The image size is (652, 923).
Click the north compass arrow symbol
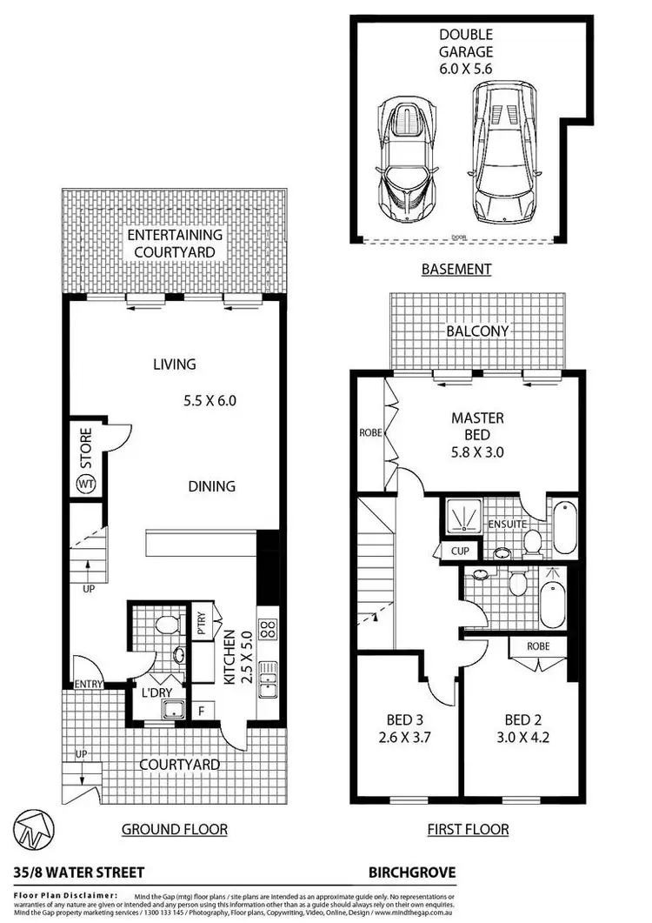pos(32,830)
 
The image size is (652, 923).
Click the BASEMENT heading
pos(456,269)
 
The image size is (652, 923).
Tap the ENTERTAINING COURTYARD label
pos(175,244)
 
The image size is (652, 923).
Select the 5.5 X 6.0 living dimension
pos(210,401)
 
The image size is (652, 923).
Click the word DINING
pos(211,485)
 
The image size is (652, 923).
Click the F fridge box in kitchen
pos(201,709)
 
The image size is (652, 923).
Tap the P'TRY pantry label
pos(201,626)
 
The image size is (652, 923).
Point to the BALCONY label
pos(477,331)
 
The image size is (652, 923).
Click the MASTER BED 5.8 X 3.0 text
pos(476,435)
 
